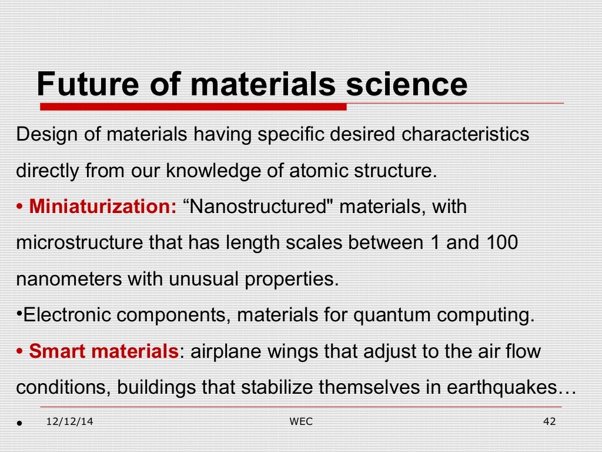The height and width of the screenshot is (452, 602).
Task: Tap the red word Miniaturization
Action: pyautogui.click(x=103, y=207)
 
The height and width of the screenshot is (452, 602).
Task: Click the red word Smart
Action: pyautogui.click(x=56, y=351)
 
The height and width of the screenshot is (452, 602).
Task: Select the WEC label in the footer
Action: pyautogui.click(x=301, y=422)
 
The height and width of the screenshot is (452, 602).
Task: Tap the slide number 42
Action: pyautogui.click(x=550, y=422)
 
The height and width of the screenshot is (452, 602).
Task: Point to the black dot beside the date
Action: pyautogui.click(x=20, y=423)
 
